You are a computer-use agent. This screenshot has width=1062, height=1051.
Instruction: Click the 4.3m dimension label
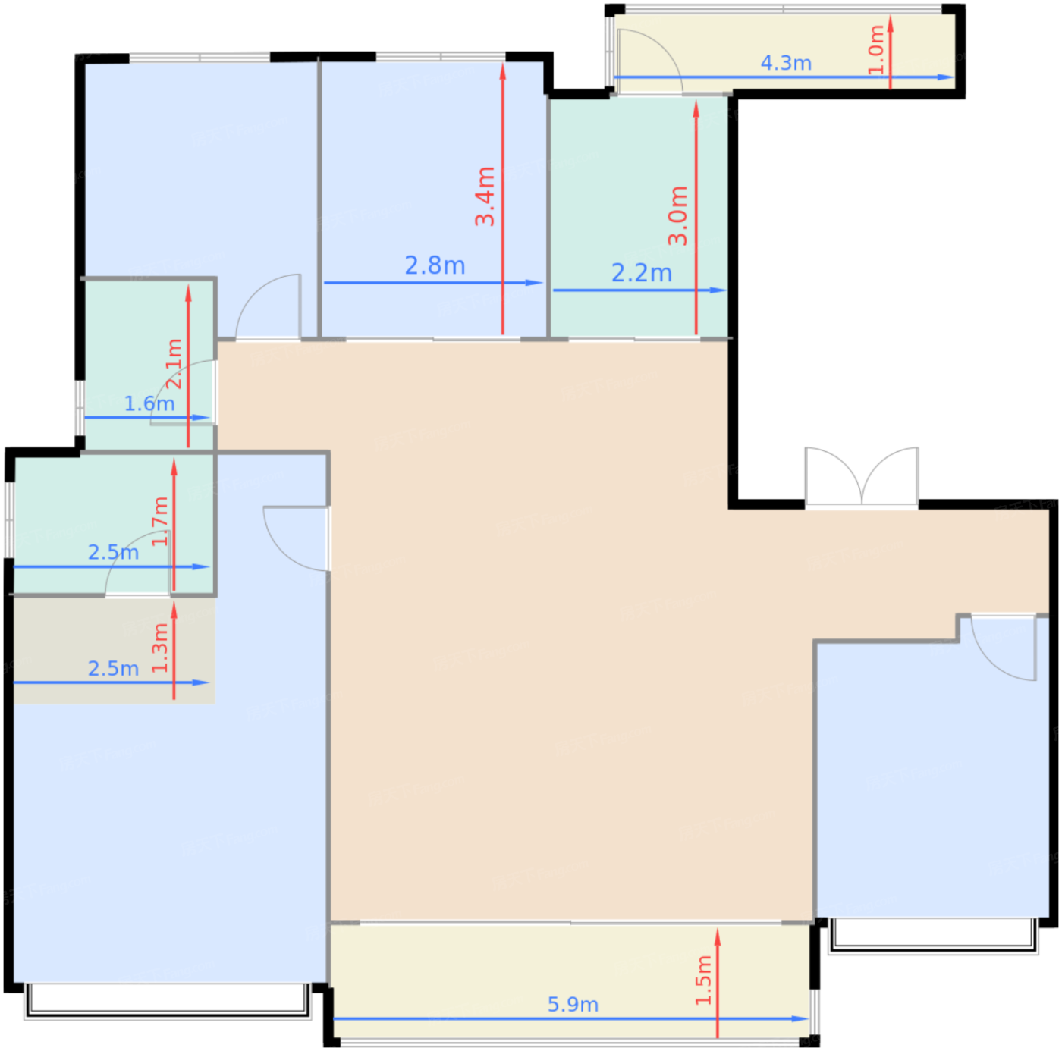(786, 63)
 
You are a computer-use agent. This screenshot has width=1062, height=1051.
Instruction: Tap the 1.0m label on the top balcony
(876, 49)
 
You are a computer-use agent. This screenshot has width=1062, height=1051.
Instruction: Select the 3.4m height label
(485, 196)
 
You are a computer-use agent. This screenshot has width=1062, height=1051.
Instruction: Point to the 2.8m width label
(435, 265)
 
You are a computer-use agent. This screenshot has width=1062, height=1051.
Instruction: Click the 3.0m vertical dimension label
(677, 215)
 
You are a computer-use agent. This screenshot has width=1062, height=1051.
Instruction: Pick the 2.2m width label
(642, 273)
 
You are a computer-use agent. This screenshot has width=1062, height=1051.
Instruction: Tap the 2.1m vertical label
(174, 364)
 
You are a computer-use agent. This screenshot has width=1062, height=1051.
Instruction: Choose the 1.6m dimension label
(149, 403)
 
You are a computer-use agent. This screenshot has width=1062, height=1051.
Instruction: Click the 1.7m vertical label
(159, 521)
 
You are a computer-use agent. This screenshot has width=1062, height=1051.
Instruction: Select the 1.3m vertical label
(159, 648)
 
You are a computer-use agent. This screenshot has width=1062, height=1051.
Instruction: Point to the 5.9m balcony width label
(573, 1005)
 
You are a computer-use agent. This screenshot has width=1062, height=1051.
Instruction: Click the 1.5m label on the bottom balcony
(703, 980)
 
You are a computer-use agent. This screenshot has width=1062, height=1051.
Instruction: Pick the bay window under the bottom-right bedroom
(932, 934)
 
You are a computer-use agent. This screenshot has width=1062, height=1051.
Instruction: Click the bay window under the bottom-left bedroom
(168, 999)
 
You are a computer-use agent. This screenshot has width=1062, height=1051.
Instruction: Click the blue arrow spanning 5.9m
(455, 1019)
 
